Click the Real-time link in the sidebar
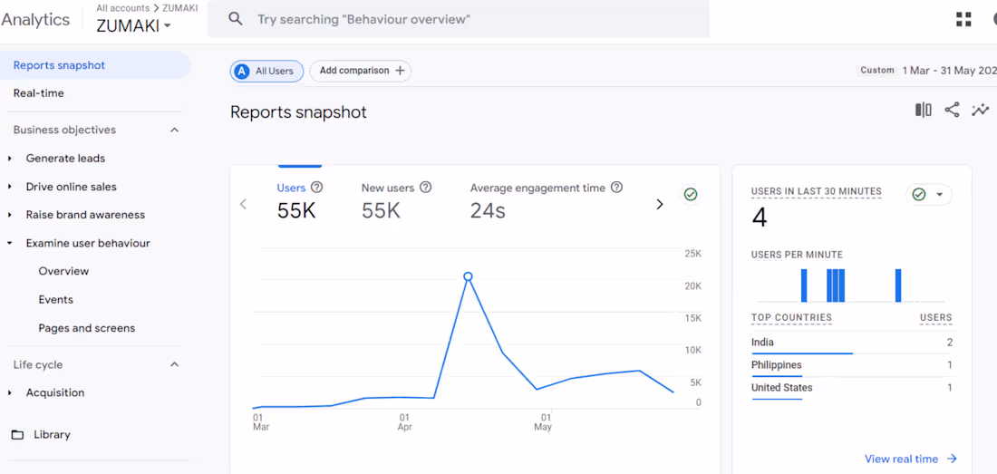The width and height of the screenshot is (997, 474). coord(38,93)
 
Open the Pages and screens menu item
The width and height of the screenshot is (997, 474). coord(87,328)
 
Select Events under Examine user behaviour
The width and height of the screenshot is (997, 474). coord(56,300)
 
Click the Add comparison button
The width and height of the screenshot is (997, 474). coord(361,71)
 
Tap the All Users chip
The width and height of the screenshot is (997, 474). coord(266,71)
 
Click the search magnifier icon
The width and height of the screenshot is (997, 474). coord(236,19)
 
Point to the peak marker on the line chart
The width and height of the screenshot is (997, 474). coord(468,276)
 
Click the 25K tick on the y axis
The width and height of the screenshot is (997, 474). coord(692,254)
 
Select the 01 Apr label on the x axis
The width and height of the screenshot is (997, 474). coord(405,422)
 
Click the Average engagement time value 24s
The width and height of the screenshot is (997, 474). coord(488,211)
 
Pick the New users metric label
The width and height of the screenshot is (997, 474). coord(388,188)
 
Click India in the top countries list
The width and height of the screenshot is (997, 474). coord(762,343)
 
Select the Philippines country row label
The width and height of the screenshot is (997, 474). coord(777,365)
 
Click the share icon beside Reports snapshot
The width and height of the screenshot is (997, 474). coord(952,110)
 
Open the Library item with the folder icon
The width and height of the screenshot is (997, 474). coord(52,435)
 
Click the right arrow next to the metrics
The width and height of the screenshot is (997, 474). coord(659,205)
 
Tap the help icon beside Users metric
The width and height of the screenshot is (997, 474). coord(316,188)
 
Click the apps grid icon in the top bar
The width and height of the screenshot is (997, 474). coord(963,19)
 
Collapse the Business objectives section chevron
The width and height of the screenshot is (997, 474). coord(175,130)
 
